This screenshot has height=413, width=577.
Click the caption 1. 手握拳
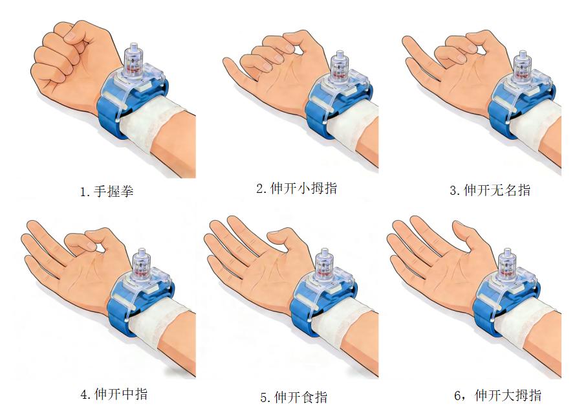[107, 192]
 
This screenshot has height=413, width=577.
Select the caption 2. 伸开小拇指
[297, 188]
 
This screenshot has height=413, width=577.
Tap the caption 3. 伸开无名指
[490, 190]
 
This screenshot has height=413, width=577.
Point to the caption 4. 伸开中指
[114, 394]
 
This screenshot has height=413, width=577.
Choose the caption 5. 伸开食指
[294, 397]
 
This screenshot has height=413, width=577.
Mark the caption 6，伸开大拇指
[498, 396]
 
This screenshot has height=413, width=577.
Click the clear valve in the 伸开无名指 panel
[523, 67]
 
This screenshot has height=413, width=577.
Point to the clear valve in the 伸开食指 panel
[325, 265]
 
